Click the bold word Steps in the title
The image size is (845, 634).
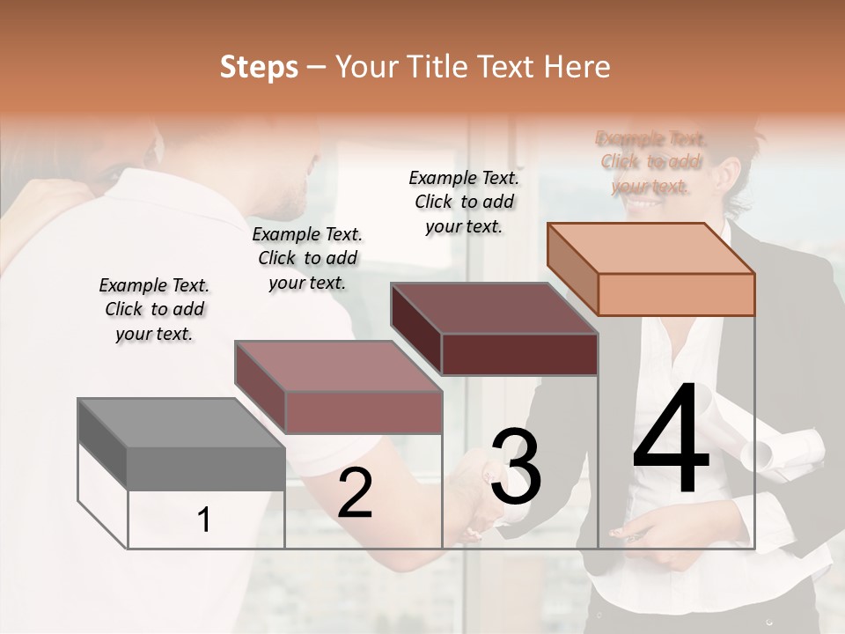[259, 67]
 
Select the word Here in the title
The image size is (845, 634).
[578, 67]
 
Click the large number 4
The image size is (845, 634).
[671, 440]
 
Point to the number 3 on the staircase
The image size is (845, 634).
[516, 467]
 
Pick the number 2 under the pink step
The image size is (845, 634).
[355, 493]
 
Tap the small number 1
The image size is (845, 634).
[204, 520]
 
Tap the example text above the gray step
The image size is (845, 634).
[154, 309]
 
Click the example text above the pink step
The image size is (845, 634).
[307, 258]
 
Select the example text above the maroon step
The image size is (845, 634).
[464, 202]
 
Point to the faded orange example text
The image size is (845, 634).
[650, 162]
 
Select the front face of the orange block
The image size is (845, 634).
[676, 294]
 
